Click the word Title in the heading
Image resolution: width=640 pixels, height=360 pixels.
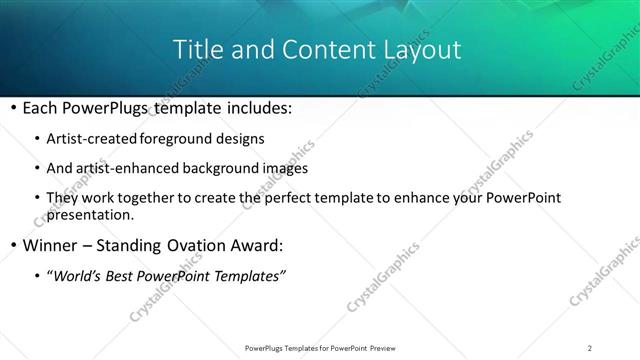click(198, 49)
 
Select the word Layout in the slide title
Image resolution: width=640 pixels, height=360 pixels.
click(420, 49)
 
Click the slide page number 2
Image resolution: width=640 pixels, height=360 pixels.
click(590, 347)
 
